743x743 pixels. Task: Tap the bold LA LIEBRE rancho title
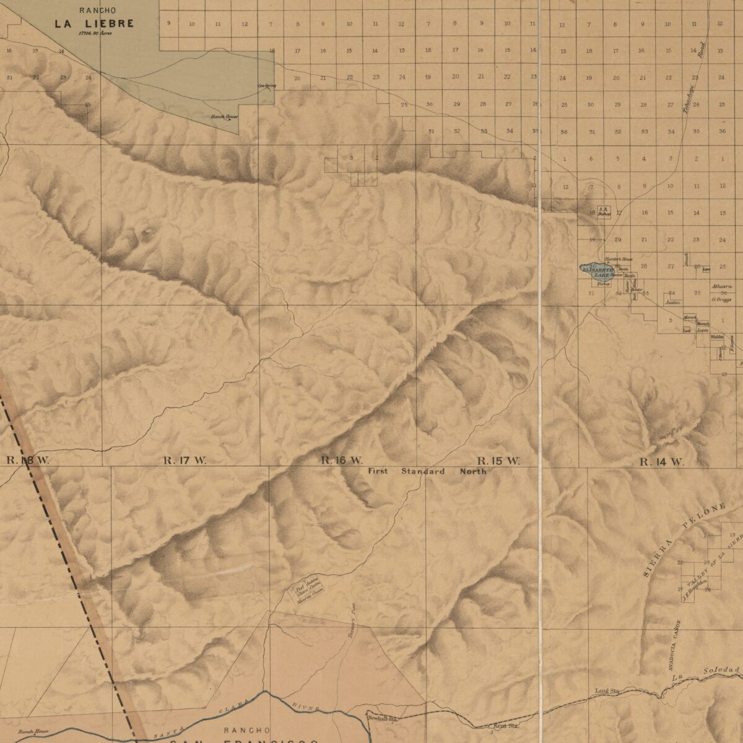93,24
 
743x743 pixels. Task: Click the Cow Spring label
266,85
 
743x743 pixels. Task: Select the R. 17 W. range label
185,460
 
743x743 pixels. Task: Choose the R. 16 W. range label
341,460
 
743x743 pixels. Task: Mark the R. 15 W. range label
498,461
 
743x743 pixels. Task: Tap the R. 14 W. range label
662,462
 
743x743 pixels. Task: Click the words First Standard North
427,471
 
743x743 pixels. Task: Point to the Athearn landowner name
721,287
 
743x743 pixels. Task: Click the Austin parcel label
672,302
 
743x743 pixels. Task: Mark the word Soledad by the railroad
721,671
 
